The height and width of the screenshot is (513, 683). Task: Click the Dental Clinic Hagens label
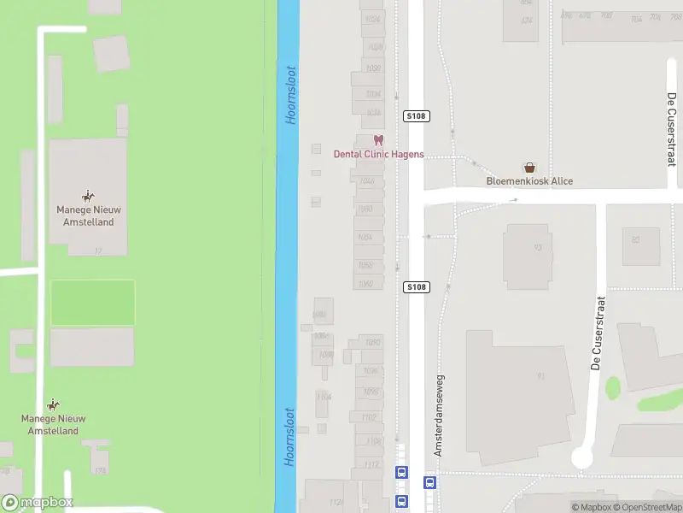coord(378,155)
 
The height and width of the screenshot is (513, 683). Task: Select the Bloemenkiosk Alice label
coord(529,181)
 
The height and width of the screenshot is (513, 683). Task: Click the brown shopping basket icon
coord(529,168)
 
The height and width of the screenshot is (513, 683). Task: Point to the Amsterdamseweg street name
coord(439,414)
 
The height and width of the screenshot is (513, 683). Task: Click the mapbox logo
coord(37,503)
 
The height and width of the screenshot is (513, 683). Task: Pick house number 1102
coord(369,417)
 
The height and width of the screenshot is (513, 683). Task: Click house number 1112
coord(371,464)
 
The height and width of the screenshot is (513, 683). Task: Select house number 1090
coord(372,342)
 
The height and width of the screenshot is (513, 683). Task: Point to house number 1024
coord(372,18)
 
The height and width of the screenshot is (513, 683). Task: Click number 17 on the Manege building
coord(98,251)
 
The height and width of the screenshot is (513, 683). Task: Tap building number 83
coord(635,239)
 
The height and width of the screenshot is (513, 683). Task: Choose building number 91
coord(540,375)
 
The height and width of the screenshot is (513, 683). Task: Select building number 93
coord(538,247)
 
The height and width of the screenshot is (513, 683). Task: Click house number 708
coord(605,15)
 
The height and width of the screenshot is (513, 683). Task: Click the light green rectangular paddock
coord(92,302)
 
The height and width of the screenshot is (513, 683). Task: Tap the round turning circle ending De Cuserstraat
coord(582,457)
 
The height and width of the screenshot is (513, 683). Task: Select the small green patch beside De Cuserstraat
coord(612,387)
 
